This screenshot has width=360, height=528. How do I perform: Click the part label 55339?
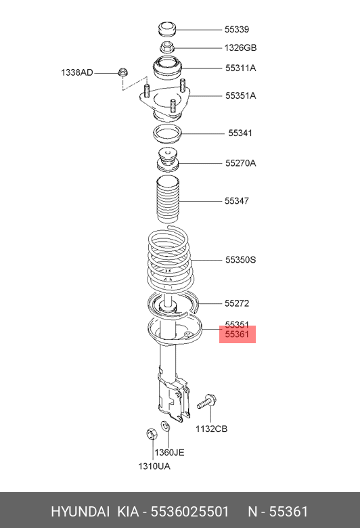tap(237, 29)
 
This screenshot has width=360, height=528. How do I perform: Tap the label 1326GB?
tap(240, 48)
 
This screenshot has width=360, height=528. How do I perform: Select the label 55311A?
tap(240, 68)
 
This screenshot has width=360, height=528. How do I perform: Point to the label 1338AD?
tap(76, 72)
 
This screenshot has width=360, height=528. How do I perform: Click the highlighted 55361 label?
tap(237, 334)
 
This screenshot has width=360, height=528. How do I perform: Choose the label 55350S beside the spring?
tap(240, 260)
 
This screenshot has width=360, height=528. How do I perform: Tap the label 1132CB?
tap(212, 428)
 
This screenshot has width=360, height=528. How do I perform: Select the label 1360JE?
tap(169, 452)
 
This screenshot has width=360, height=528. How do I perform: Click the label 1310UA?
tap(154, 466)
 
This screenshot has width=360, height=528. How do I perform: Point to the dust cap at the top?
tap(167, 29)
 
